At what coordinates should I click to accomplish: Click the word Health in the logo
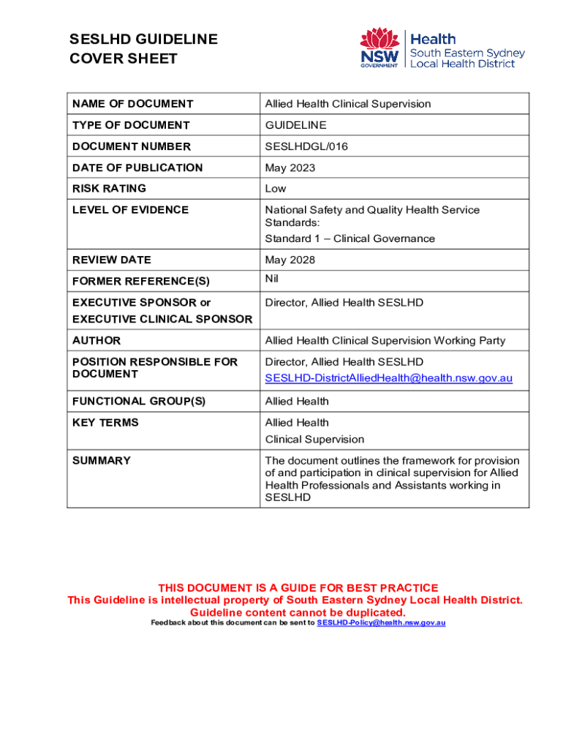pyautogui.click(x=433, y=39)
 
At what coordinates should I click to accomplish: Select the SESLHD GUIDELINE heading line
pyautogui.click(x=143, y=39)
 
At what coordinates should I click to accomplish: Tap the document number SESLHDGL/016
pyautogui.click(x=306, y=146)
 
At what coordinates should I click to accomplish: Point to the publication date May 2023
pyautogui.click(x=290, y=168)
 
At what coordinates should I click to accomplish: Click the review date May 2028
pyautogui.click(x=290, y=260)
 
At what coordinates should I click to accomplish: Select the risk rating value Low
pyautogui.click(x=276, y=189)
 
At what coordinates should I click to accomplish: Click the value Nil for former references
pyautogui.click(x=271, y=279)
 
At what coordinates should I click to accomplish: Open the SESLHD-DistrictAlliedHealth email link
pyautogui.click(x=388, y=378)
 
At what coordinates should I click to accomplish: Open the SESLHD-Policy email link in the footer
pyautogui.click(x=381, y=622)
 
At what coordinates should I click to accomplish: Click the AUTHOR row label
pyautogui.click(x=97, y=341)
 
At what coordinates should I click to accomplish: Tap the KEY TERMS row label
pyautogui.click(x=105, y=423)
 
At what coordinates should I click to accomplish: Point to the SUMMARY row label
pyautogui.click(x=102, y=461)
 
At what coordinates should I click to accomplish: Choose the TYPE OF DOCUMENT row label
pyautogui.click(x=131, y=125)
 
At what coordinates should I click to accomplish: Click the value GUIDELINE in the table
pyautogui.click(x=295, y=125)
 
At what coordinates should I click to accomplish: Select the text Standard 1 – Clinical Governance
pyautogui.click(x=349, y=238)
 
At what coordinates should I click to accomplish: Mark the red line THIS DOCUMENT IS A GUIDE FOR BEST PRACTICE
pyautogui.click(x=298, y=588)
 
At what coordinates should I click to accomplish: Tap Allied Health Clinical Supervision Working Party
pyautogui.click(x=385, y=341)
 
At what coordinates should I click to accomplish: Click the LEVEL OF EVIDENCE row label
pyautogui.click(x=130, y=210)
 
